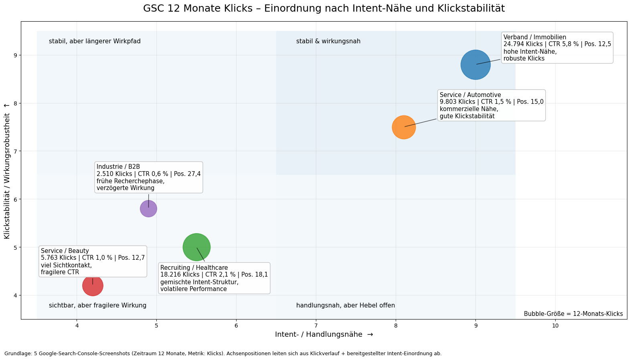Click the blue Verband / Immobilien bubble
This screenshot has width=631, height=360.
[475, 65]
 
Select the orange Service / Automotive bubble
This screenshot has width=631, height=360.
[404, 127]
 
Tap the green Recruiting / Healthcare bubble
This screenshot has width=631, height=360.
[196, 247]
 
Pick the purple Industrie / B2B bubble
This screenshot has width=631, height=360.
[148, 209]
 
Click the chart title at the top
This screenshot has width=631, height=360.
[324, 8]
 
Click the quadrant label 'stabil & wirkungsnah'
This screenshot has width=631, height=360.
[328, 41]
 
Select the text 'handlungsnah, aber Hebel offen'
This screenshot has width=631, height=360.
[346, 305]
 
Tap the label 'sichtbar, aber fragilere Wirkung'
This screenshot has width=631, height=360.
[97, 305]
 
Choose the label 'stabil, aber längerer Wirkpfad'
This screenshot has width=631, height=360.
[95, 41]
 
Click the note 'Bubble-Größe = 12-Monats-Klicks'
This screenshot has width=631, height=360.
[573, 313]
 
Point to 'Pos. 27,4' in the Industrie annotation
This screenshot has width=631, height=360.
[188, 174]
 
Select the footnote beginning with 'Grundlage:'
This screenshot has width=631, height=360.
[223, 354]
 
